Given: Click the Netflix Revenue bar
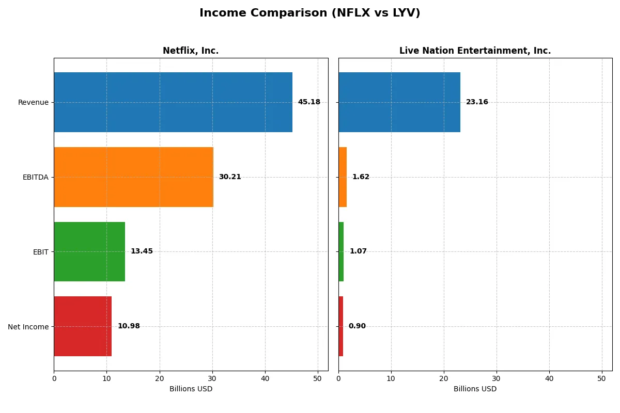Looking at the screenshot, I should pyautogui.click(x=173, y=102).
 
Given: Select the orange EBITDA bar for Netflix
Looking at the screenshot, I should pyautogui.click(x=133, y=177).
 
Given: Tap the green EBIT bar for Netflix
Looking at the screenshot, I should pyautogui.click(x=89, y=251).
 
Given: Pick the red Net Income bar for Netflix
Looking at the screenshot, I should pyautogui.click(x=83, y=326).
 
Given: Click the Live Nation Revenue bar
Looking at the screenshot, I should pyautogui.click(x=399, y=102).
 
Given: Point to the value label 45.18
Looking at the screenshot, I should pyautogui.click(x=309, y=102).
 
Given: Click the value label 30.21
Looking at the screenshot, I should pyautogui.click(x=230, y=177).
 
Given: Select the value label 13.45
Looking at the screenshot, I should pyautogui.click(x=142, y=251).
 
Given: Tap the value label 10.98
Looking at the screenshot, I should pyautogui.click(x=129, y=326).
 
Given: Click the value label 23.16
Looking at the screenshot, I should pyautogui.click(x=477, y=102).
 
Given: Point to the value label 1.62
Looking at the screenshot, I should pyautogui.click(x=361, y=177).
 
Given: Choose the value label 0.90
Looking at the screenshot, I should pyautogui.click(x=357, y=326).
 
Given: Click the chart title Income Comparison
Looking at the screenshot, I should pyautogui.click(x=310, y=13).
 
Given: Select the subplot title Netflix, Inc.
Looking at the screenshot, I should pyautogui.click(x=191, y=51).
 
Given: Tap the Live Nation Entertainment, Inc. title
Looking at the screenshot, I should pyautogui.click(x=475, y=51).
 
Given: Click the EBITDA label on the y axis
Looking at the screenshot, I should pyautogui.click(x=35, y=177).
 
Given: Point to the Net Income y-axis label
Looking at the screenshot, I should pyautogui.click(x=28, y=327).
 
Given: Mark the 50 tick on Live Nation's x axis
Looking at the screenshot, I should pyautogui.click(x=601, y=378).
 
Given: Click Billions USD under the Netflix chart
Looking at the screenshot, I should pyautogui.click(x=191, y=389).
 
